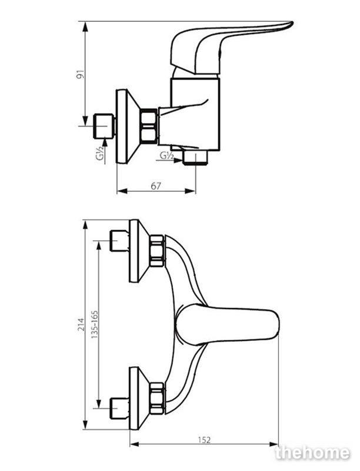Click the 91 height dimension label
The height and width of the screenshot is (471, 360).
tap(81, 74)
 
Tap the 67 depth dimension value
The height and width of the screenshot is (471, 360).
tap(156, 186)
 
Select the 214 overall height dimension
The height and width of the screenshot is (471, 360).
tap(81, 324)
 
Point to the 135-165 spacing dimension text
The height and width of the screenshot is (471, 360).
tap(95, 325)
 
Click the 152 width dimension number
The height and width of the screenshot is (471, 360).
tap(204, 440)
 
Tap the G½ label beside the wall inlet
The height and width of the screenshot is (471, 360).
tap(102, 153)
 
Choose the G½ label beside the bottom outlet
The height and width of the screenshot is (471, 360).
tap(166, 155)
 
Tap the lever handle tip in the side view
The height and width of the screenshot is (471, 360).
tap(291, 24)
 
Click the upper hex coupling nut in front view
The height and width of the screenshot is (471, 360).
tap(157, 251)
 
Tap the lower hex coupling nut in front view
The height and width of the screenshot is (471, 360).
tap(157, 399)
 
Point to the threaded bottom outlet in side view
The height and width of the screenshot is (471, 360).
tap(196, 158)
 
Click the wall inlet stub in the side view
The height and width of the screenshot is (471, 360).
tap(104, 126)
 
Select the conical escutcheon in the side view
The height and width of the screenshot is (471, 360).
tap(128, 127)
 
